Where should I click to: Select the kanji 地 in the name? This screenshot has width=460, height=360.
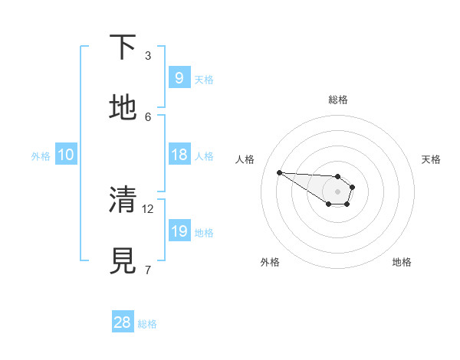coord(123,107)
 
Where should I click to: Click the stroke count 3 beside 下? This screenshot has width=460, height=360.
coord(148,55)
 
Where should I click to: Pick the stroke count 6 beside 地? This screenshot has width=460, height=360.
coord(148,116)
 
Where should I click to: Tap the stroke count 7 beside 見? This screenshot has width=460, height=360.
coord(148,270)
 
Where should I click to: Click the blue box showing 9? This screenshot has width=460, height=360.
coord(179,78)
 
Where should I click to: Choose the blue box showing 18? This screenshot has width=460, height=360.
coord(179,155)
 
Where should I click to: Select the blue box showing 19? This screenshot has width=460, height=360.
coord(179,231)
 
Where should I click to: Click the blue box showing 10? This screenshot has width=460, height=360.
coord(66,155)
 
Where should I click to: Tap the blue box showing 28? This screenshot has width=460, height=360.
coord(122,322)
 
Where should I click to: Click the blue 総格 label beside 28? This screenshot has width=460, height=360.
coord(147,324)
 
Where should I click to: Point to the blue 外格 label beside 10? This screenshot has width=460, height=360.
coord(41,156)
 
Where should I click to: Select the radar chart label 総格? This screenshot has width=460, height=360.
coord(338,100)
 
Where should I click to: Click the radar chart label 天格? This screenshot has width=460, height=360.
coord(431,159)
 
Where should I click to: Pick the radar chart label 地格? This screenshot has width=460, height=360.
coord(402,262)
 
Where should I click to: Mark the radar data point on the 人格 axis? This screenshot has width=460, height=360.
coord(279,172)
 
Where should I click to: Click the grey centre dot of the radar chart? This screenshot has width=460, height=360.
coord(337,191)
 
